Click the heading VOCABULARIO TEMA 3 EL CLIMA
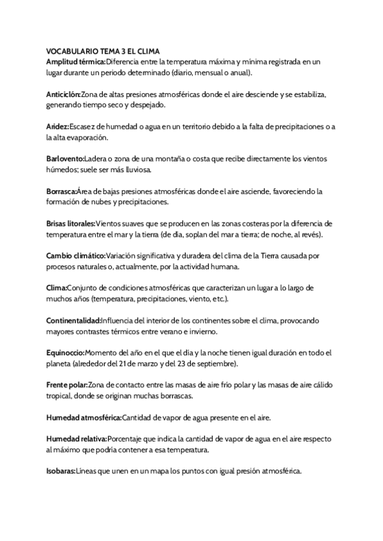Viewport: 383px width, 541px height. [103, 51]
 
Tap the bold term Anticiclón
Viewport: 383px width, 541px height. [63, 94]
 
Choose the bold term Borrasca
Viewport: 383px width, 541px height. [61, 191]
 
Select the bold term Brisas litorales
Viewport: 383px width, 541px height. [71, 224]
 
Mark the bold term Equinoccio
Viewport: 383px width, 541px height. [65, 353]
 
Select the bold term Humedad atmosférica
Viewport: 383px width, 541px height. [84, 418]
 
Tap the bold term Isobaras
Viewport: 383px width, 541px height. [61, 472]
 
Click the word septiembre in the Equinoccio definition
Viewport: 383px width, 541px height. [214, 364]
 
